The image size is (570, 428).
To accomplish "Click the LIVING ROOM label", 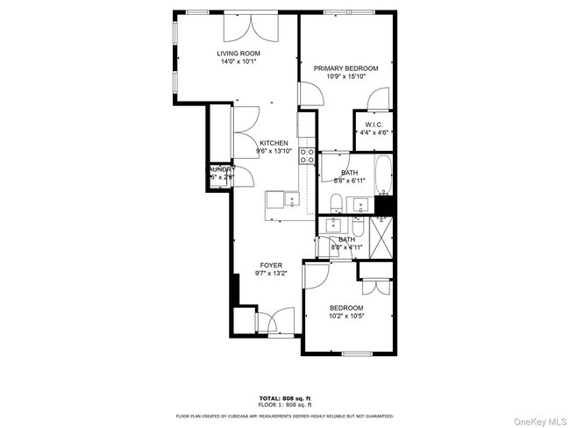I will coord(239,53).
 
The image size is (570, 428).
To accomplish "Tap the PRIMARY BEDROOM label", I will coord(346,68).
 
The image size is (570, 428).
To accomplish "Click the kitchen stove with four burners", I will coord(308,156).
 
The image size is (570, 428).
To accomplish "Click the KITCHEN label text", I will coord(274,143).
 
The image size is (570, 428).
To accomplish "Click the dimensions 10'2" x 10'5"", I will coord(346,317).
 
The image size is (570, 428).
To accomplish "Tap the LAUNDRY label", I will coord(221,168).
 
